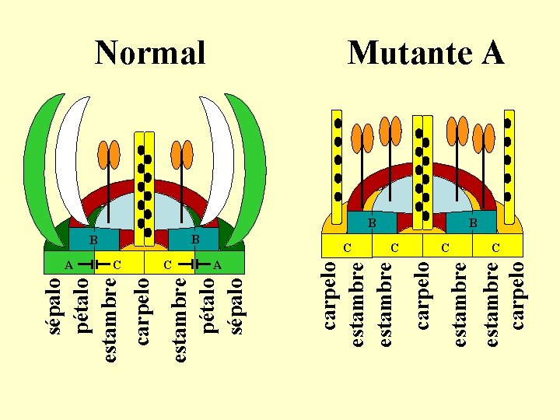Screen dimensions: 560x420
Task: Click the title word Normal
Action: point(150,53)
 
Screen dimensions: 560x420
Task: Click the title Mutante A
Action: point(425,53)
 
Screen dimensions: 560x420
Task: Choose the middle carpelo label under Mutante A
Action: point(422,295)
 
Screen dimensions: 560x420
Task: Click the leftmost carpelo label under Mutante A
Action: point(330,295)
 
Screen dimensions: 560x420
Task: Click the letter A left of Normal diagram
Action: point(68,265)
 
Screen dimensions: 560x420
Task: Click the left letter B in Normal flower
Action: point(93,240)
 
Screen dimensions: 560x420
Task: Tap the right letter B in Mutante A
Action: point(472,223)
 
